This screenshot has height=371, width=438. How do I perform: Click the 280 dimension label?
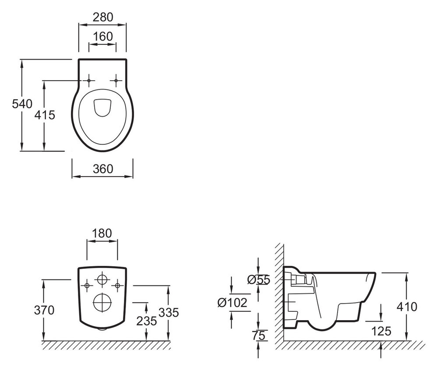(x=103, y=18)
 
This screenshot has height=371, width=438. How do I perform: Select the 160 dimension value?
(x=103, y=36)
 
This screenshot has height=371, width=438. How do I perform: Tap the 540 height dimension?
(x=22, y=104)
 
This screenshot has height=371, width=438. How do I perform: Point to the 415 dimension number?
(x=45, y=115)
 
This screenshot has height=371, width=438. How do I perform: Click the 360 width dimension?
(x=103, y=169)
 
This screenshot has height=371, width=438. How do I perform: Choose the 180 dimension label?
(x=102, y=233)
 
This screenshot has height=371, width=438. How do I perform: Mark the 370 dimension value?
(x=44, y=310)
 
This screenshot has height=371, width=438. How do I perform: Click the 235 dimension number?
(x=147, y=321)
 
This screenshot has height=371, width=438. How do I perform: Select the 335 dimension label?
(x=169, y=312)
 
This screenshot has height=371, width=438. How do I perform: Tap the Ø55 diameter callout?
(x=259, y=280)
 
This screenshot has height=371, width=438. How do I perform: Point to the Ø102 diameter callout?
(x=233, y=303)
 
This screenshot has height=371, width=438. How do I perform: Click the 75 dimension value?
(x=259, y=335)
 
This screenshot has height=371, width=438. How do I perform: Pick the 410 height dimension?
(x=407, y=307)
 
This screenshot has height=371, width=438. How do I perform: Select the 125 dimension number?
(x=381, y=331)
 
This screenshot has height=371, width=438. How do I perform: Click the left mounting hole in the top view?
(x=89, y=81)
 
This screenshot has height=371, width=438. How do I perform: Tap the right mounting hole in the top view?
(x=116, y=81)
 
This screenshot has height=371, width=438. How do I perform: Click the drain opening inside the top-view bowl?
(x=102, y=107)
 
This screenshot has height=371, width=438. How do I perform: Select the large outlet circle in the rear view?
(x=102, y=303)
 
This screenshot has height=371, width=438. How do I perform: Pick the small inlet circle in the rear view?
(x=102, y=279)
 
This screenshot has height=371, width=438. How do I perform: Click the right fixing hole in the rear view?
(x=117, y=285)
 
